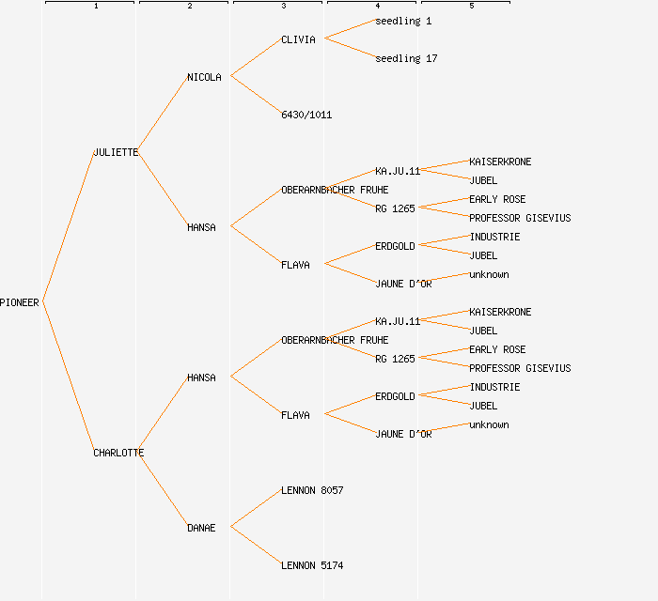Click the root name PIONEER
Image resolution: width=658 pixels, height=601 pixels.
(x=20, y=302)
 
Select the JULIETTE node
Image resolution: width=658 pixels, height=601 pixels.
(x=116, y=152)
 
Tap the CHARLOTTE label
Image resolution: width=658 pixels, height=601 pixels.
(x=118, y=453)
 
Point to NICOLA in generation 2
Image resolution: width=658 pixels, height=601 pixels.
(x=204, y=77)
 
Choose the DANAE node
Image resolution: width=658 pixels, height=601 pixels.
(x=201, y=528)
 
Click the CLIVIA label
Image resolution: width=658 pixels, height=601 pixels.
(x=298, y=39)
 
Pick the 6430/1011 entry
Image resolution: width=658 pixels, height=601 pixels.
(x=306, y=115)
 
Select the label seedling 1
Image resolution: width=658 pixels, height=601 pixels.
(x=403, y=21)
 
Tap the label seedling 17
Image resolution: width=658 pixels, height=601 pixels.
(x=406, y=58)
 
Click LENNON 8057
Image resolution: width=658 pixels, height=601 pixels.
(x=312, y=490)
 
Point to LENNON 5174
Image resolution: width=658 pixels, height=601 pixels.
(x=312, y=565)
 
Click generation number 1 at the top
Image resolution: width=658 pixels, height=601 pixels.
(x=95, y=7)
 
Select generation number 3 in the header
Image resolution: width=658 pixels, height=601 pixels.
(x=283, y=7)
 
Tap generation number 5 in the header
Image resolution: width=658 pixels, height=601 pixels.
(x=471, y=7)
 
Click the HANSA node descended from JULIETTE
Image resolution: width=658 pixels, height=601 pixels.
(x=201, y=227)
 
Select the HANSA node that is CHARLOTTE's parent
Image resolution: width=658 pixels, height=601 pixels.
(x=201, y=378)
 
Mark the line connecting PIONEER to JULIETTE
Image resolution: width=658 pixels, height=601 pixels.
(x=68, y=226)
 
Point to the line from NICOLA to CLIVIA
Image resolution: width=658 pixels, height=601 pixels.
(x=255, y=57)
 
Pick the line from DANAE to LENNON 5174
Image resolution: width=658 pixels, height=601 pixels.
(x=255, y=546)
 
